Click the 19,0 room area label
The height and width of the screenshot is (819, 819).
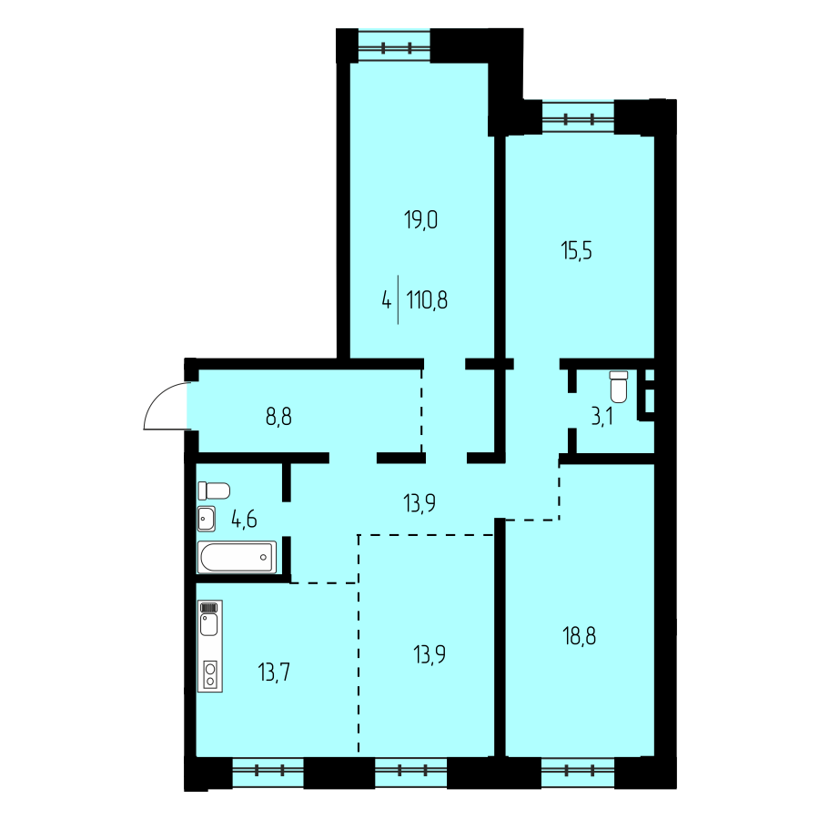pos(421,220)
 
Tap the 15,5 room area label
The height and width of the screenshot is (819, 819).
pos(576,251)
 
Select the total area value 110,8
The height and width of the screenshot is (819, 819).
pos(427,300)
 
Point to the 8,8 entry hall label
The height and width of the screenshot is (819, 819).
pos(278,417)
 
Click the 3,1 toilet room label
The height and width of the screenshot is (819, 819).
pos(602,418)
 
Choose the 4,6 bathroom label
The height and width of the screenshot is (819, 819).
pos(244,520)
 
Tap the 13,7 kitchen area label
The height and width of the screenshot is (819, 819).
pos(274,672)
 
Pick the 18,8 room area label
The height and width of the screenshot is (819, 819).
pos(580,637)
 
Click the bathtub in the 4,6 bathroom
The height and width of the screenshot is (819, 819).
pos(237,557)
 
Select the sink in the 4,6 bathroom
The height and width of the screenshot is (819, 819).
pos(207,519)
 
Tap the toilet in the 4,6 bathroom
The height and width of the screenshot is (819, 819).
pos(214,490)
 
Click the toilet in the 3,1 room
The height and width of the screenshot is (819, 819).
pos(619,387)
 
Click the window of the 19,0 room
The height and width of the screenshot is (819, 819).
pos(394,48)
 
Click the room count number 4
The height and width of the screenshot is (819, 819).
pos(386,300)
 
